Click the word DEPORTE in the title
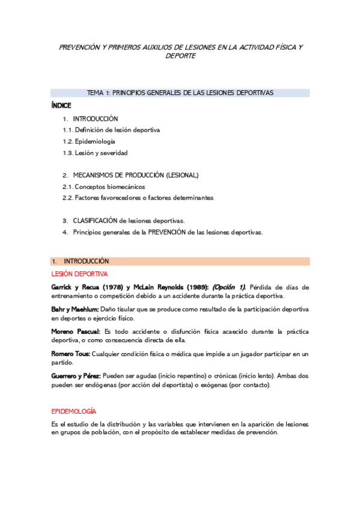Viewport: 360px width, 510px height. coord(180,56)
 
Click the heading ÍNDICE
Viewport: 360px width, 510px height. coord(61,105)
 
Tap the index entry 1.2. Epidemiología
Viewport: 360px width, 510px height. coord(89,141)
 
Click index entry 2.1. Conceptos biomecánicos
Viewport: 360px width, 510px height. coord(103,186)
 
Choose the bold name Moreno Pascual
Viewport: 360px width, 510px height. coord(76,331)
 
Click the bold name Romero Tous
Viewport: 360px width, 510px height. coord(71,354)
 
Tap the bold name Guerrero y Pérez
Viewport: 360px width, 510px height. coord(76,376)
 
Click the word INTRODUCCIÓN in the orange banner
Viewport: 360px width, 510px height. coord(87,262)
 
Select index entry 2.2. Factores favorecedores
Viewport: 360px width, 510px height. coord(138,197)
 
